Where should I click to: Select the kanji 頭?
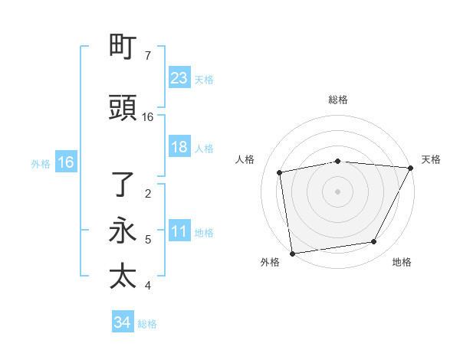123,109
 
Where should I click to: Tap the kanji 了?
123,185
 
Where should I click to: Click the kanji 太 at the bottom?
123,277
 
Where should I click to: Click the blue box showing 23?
179,78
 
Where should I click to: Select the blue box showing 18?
179,148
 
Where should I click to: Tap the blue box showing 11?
179,232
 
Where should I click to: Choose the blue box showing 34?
123,322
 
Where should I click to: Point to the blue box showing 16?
65,162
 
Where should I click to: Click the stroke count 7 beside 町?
148,56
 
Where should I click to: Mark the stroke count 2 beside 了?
148,193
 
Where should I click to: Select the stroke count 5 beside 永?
148,240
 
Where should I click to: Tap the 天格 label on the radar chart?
431,159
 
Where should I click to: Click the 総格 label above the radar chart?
338,100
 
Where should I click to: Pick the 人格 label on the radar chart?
245,159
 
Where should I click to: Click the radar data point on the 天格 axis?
412,168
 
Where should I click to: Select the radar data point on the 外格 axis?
292,253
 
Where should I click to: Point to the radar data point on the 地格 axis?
374,242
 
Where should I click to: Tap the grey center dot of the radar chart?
338,191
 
